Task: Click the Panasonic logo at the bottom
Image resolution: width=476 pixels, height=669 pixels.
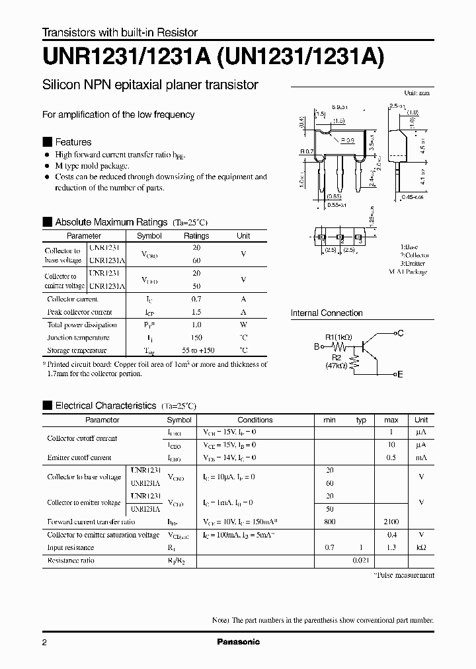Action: point(239,642)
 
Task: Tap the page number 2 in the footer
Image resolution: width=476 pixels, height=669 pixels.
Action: point(45,643)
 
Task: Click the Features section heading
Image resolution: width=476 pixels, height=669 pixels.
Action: point(73,142)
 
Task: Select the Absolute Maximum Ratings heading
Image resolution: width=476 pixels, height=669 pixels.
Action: point(110,222)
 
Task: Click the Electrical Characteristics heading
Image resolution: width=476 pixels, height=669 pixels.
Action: point(105,405)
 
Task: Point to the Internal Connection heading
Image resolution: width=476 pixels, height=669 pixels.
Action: point(327,313)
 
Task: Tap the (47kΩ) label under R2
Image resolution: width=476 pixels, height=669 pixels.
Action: point(337,366)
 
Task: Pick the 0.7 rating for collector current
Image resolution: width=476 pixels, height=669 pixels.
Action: point(196,299)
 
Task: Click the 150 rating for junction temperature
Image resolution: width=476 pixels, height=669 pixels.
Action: point(196,338)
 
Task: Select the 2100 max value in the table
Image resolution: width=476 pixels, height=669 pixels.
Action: point(391,522)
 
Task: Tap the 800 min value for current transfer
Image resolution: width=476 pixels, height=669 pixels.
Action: point(330,522)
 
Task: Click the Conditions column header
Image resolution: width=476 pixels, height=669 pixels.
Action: point(255,420)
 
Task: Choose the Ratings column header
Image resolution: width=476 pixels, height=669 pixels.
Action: point(196,236)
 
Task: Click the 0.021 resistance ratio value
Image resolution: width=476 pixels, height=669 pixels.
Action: point(361,561)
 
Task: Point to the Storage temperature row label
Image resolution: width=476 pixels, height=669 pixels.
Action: point(77,350)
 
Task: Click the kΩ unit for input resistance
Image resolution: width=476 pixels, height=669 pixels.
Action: point(420,547)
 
